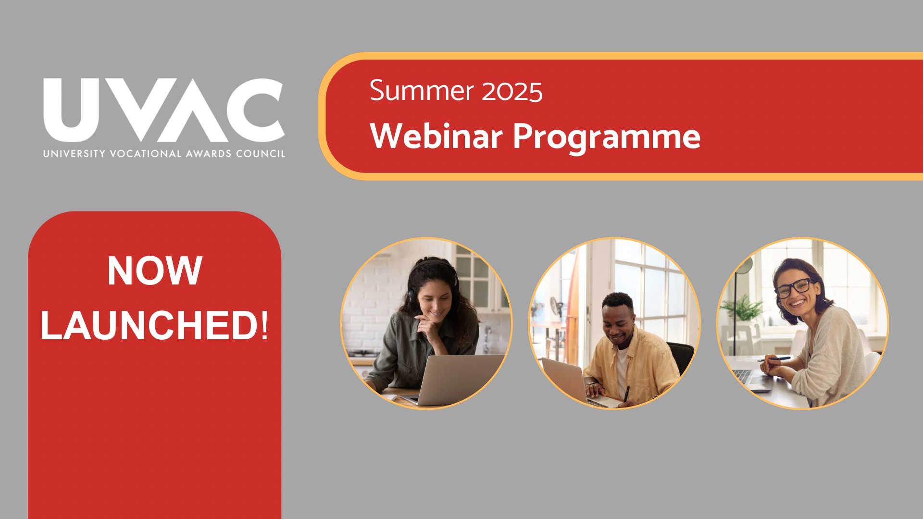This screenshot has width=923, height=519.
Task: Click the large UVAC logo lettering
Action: [x=164, y=110]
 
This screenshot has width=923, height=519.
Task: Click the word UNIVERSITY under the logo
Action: [x=74, y=154]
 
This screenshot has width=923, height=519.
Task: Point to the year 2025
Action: [x=512, y=91]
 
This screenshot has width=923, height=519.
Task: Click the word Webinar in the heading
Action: [x=436, y=136]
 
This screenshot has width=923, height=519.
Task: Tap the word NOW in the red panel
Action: [x=155, y=271]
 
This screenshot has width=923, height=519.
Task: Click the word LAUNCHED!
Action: [x=154, y=325]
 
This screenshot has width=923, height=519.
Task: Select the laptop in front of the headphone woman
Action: [x=454, y=380]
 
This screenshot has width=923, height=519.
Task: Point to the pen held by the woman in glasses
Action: [x=773, y=359]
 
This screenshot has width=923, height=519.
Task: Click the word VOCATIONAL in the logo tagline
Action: [x=146, y=154]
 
